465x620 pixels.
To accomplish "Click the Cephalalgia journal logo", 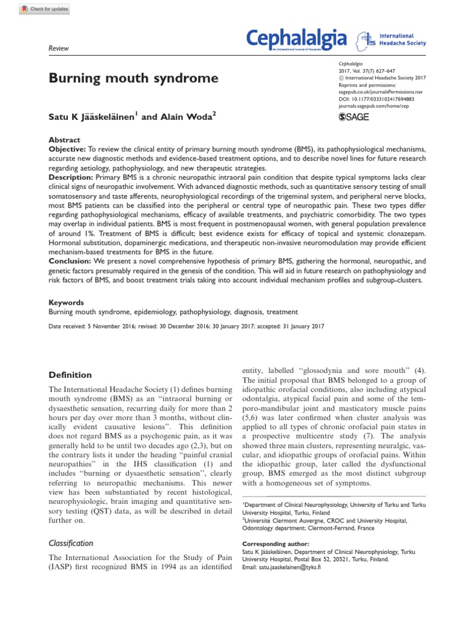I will [297, 40].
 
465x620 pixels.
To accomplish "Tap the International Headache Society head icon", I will [366, 40].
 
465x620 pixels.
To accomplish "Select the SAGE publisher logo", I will [353, 117].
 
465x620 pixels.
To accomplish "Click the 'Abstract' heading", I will [64, 140].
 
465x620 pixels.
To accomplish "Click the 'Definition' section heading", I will [70, 375].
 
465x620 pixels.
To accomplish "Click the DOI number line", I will [376, 98].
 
